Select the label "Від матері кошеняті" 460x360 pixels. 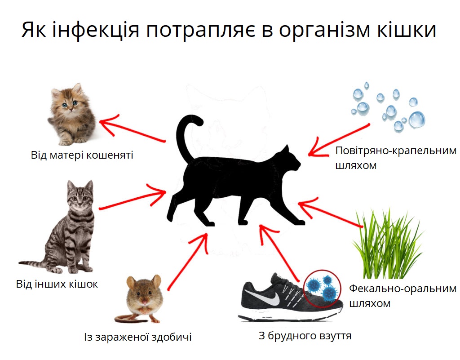click(x=82, y=156)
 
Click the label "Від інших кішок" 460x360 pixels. click(x=57, y=284)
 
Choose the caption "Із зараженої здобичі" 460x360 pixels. click(x=138, y=337)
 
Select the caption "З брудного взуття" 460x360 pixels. click(x=305, y=336)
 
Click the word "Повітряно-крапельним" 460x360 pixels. click(x=396, y=151)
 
